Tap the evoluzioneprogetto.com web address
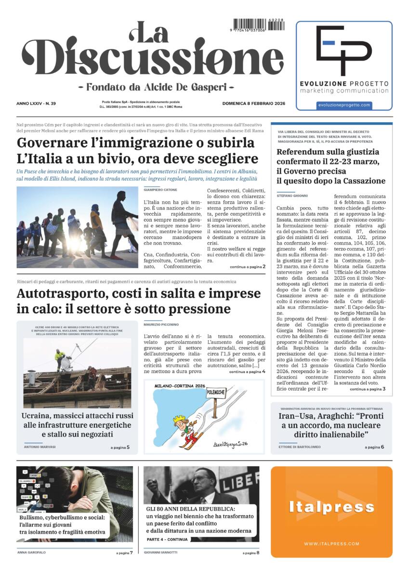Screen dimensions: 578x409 (x=344, y=105)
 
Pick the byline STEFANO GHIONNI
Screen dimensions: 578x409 (x=292, y=195)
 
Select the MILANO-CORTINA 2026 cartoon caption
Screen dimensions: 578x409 (x=180, y=386)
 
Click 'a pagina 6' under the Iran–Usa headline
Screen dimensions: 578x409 (x=374, y=447)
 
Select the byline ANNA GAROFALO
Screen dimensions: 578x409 (x=31, y=552)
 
